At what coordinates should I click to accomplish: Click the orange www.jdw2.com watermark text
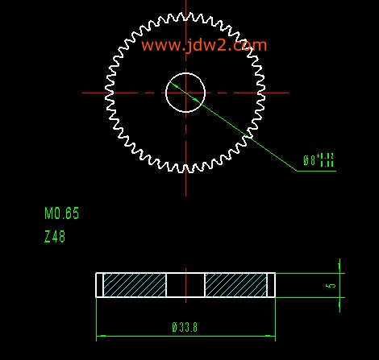pos(203,46)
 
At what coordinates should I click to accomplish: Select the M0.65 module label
pos(62,214)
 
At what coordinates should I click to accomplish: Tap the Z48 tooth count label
pos(55,237)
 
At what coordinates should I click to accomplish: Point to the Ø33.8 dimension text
pos(185,327)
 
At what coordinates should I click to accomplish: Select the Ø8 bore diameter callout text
pos(309,160)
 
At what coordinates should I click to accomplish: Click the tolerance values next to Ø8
pos(326,159)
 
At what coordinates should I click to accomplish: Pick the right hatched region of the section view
pos(235,285)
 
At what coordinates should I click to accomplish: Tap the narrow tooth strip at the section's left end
pos(100,285)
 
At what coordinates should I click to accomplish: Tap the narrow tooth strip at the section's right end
pos(271,285)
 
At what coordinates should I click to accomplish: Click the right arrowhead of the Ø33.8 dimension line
pos(271,337)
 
